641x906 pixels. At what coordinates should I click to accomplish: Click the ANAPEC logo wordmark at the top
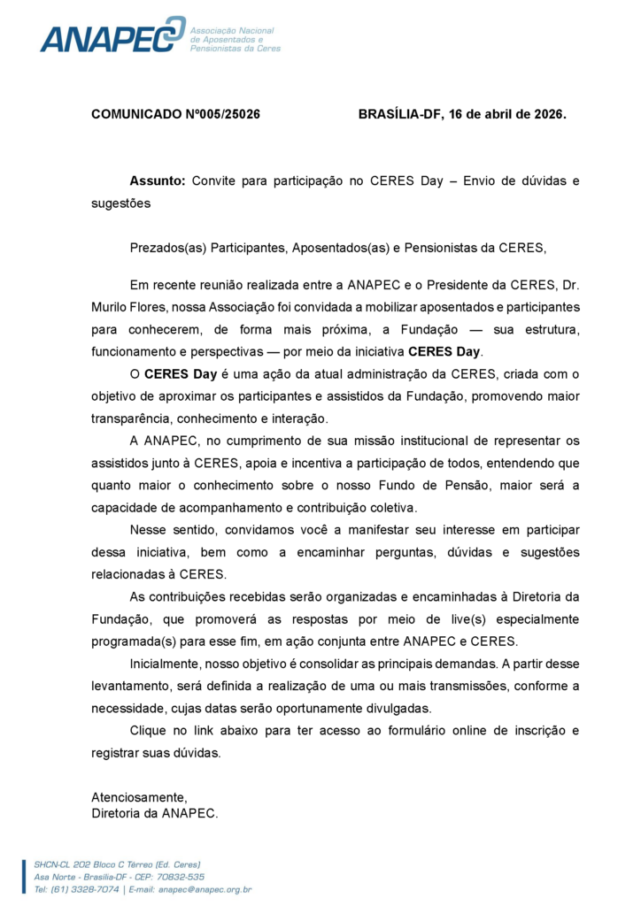[111, 35]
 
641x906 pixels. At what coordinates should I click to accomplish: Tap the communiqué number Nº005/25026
[220, 114]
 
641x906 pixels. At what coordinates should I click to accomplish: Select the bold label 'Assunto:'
[158, 181]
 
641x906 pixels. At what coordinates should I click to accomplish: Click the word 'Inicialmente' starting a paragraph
[168, 664]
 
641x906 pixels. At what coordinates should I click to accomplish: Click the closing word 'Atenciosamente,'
[139, 796]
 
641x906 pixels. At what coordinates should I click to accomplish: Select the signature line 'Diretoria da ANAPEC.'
[154, 812]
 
